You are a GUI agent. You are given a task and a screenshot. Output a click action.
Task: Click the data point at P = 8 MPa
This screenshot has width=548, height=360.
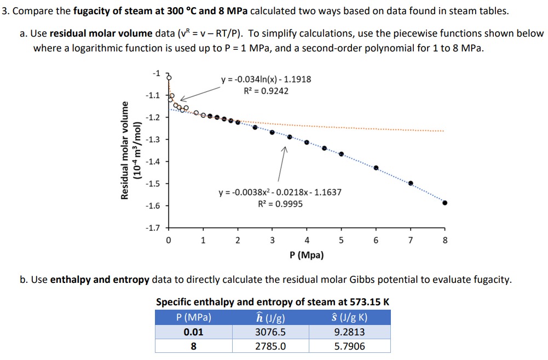pyautogui.click(x=445, y=202)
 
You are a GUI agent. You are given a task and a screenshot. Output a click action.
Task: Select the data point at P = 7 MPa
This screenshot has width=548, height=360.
pyautogui.click(x=411, y=183)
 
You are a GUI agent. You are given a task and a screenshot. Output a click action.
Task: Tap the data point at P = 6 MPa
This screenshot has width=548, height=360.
pyautogui.click(x=376, y=167)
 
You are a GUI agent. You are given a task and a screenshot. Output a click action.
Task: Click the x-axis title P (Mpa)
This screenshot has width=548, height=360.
pyautogui.click(x=306, y=255)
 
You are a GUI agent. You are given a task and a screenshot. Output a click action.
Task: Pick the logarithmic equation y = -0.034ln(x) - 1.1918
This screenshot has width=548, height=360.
pyautogui.click(x=266, y=79)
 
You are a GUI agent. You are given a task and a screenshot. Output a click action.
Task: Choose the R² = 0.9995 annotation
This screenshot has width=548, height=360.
pyautogui.click(x=280, y=204)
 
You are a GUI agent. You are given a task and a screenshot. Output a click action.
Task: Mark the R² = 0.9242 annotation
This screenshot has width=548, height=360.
pyautogui.click(x=266, y=91)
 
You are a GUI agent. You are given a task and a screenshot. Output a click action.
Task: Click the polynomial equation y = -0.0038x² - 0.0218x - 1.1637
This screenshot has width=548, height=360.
pyautogui.click(x=280, y=193)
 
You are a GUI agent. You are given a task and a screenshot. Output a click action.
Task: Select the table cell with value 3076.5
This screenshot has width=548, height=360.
pyautogui.click(x=270, y=332)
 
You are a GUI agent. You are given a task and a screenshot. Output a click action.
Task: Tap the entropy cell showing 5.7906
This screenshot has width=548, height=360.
pyautogui.click(x=350, y=346)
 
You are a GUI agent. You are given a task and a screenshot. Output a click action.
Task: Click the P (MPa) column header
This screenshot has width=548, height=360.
pyautogui.click(x=194, y=318)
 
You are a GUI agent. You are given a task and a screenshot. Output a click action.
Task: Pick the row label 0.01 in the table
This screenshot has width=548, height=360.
pyautogui.click(x=194, y=332)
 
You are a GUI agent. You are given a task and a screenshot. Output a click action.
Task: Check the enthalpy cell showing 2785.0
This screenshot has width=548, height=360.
pyautogui.click(x=270, y=346)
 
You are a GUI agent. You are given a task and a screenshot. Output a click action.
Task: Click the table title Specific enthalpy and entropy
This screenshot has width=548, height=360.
pyautogui.click(x=273, y=302)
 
